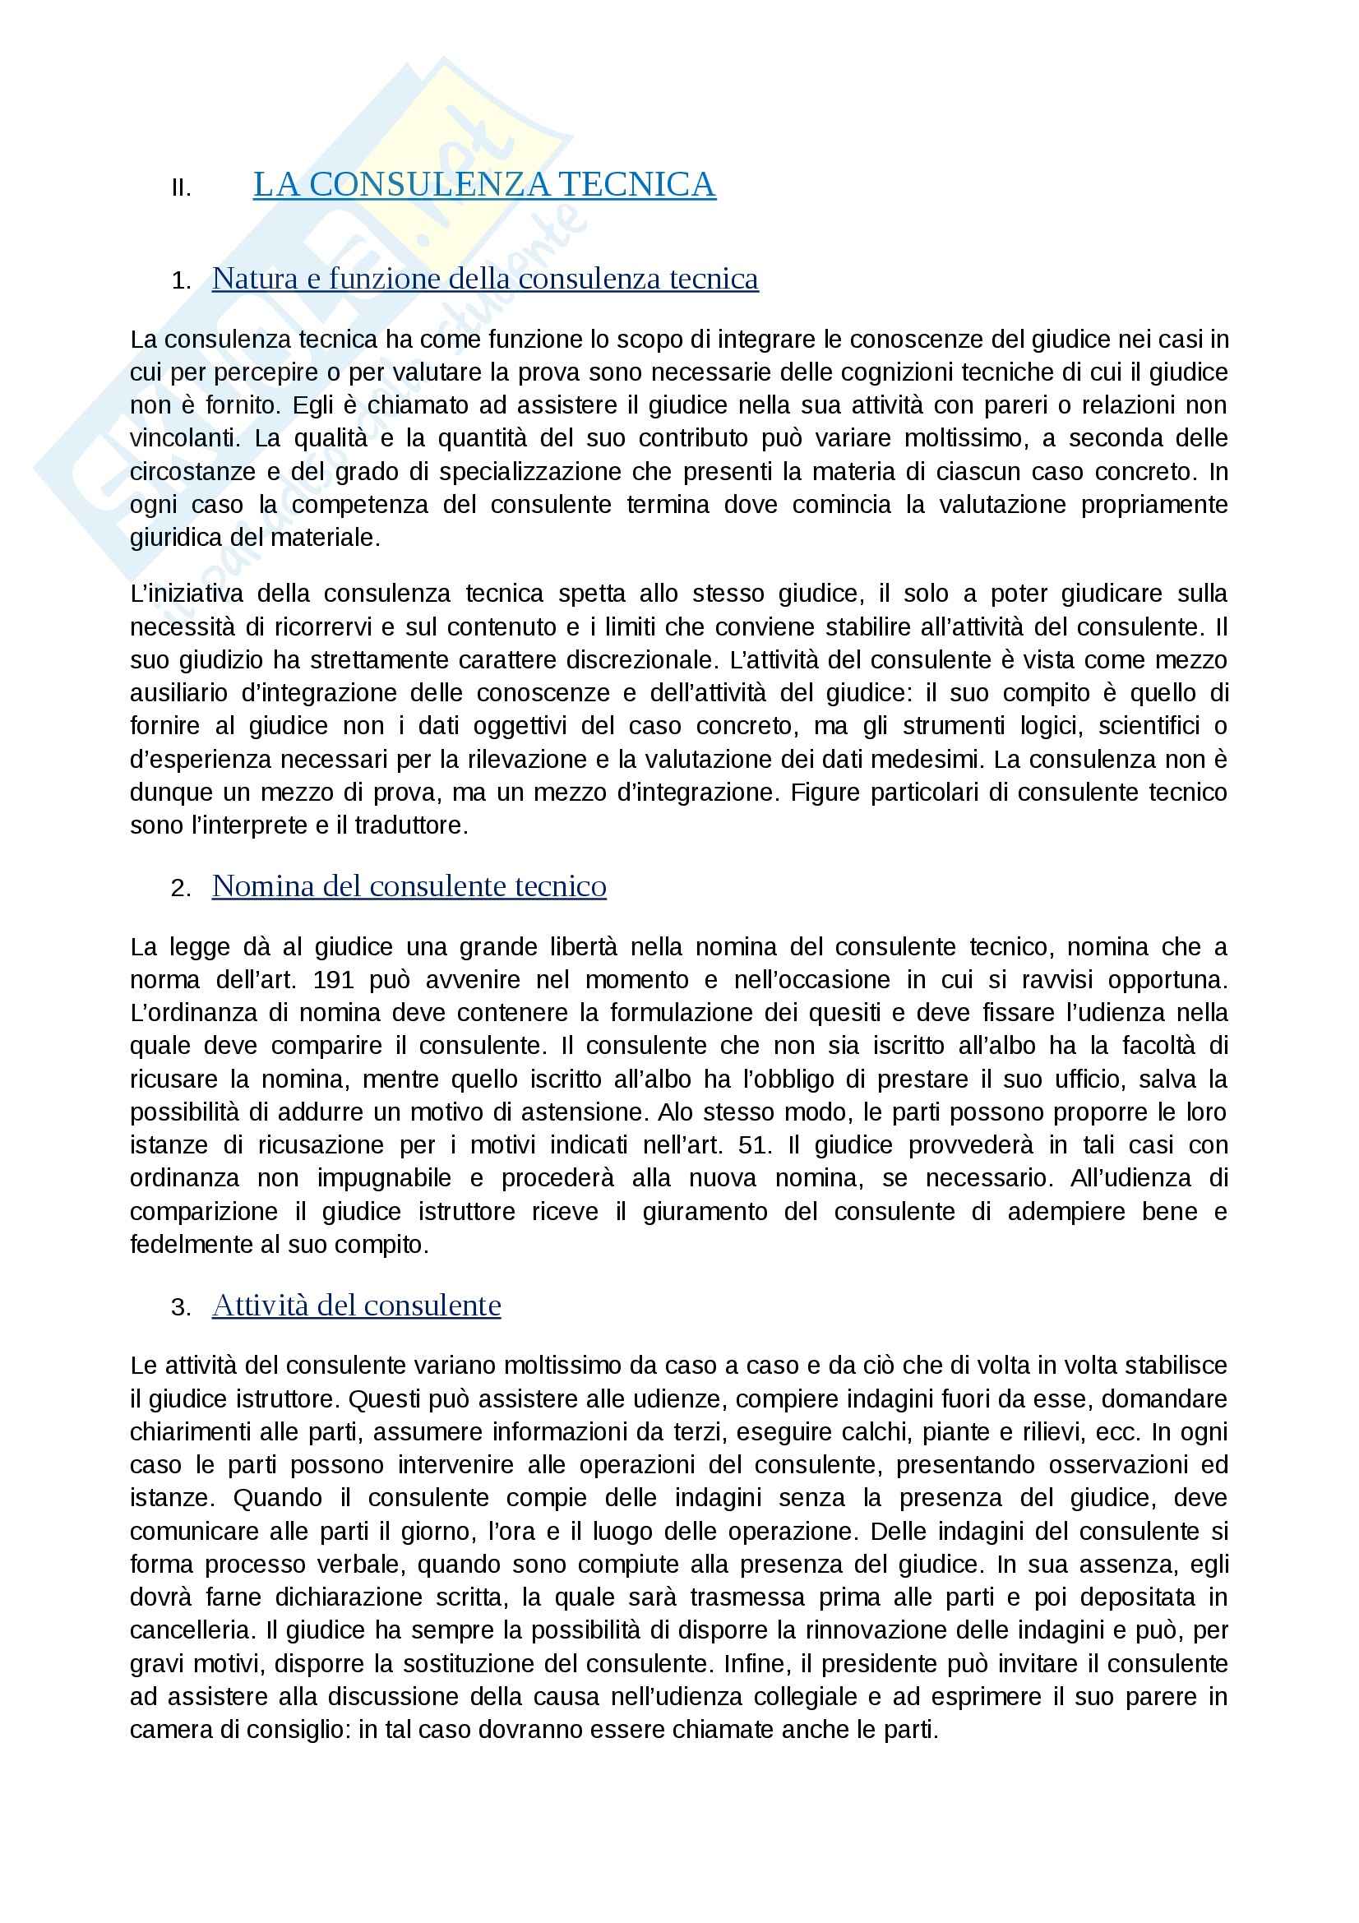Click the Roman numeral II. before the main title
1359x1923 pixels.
coord(181,188)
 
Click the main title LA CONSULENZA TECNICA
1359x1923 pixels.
coord(484,184)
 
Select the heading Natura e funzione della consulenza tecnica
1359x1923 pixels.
coord(485,278)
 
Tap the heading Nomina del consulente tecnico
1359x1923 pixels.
coord(409,885)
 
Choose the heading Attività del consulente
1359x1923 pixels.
coord(356,1305)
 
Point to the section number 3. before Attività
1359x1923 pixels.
coord(180,1307)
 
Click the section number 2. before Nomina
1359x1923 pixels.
coord(180,888)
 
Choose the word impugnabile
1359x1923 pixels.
coord(383,1177)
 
